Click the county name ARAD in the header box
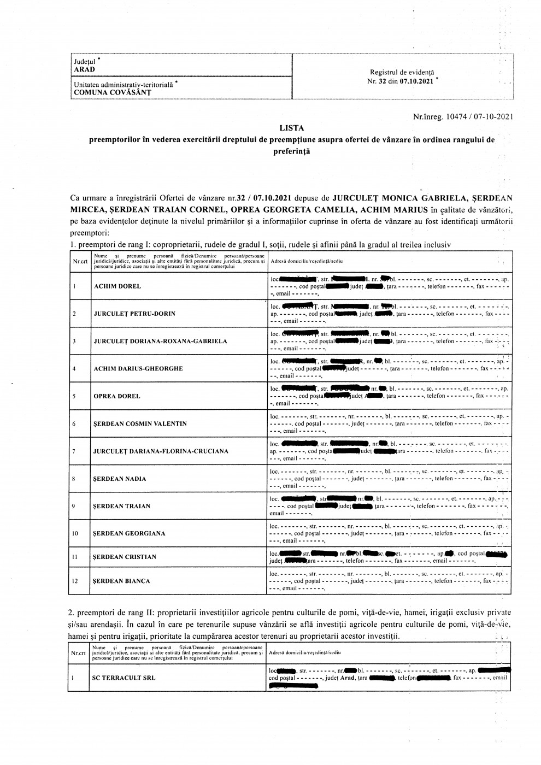[85, 69]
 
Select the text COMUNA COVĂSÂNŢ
[112, 92]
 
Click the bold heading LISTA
[291, 128]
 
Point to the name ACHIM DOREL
[117, 286]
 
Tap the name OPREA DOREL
[117, 396]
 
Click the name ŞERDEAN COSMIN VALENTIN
[140, 423]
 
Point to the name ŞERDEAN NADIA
[120, 479]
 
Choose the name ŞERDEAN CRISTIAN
[125, 557]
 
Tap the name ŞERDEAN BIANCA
[121, 581]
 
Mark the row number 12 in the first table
[75, 581]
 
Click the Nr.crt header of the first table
[80, 261]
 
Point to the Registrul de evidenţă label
[402, 72]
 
